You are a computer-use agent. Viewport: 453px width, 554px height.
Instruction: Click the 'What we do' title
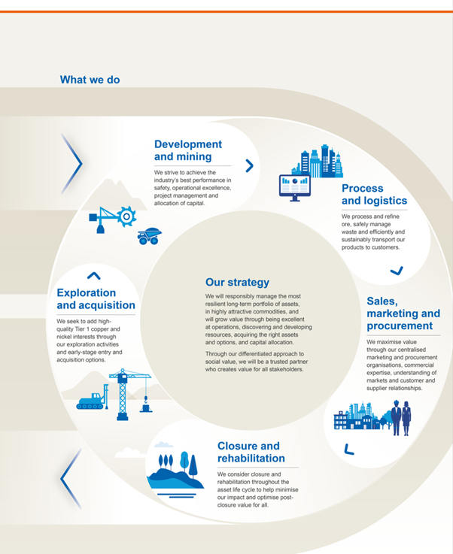click(90, 80)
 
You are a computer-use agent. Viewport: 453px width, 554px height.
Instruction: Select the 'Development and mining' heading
click(188, 150)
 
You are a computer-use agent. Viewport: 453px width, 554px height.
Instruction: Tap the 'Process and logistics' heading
click(374, 195)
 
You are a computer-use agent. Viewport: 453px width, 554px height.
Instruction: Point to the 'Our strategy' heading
click(237, 283)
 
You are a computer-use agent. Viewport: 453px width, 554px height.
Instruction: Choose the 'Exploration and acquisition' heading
click(96, 299)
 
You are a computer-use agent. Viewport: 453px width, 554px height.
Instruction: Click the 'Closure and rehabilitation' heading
click(251, 452)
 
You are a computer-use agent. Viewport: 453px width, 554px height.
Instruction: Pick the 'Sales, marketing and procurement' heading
click(403, 313)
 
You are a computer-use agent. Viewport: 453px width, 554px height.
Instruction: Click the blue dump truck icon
click(149, 237)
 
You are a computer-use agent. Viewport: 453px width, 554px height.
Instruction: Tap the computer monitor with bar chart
click(294, 187)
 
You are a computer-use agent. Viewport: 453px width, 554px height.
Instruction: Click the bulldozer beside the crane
click(90, 401)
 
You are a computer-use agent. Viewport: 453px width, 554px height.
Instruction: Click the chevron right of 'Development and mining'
click(249, 165)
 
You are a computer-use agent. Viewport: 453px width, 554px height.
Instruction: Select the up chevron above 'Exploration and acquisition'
click(93, 276)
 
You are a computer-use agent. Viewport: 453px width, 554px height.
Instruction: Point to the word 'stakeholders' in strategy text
click(282, 370)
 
